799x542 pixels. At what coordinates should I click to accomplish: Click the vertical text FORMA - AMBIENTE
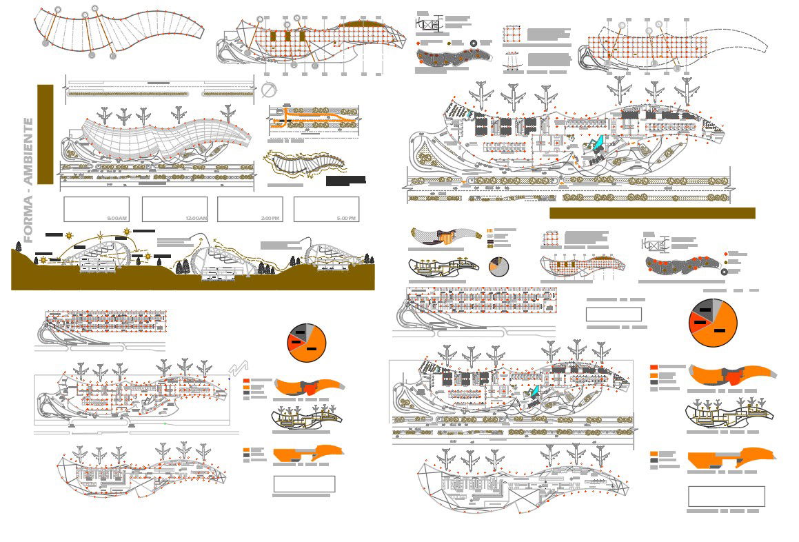click(29, 180)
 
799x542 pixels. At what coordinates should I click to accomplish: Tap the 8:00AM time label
click(115, 218)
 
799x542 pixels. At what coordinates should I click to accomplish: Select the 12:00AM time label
click(196, 218)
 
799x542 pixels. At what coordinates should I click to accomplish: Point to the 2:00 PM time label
click(270, 218)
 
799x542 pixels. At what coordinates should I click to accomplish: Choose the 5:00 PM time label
click(346, 218)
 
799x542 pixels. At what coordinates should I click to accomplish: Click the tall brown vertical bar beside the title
click(45, 134)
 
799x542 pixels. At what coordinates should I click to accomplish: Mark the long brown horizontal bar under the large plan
click(651, 213)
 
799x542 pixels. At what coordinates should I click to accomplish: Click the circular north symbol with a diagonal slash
click(269, 90)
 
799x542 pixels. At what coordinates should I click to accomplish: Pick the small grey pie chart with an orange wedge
click(498, 266)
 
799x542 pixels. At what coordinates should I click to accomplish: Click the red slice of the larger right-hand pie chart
click(699, 321)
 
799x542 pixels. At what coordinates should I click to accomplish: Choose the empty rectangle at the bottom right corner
click(726, 496)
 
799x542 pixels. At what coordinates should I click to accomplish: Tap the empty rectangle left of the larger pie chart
click(613, 314)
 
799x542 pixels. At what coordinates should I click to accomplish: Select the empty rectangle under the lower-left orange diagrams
click(304, 483)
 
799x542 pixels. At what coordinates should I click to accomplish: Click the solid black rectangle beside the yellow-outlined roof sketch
click(345, 181)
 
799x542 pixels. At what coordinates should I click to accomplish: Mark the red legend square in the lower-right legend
click(654, 367)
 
